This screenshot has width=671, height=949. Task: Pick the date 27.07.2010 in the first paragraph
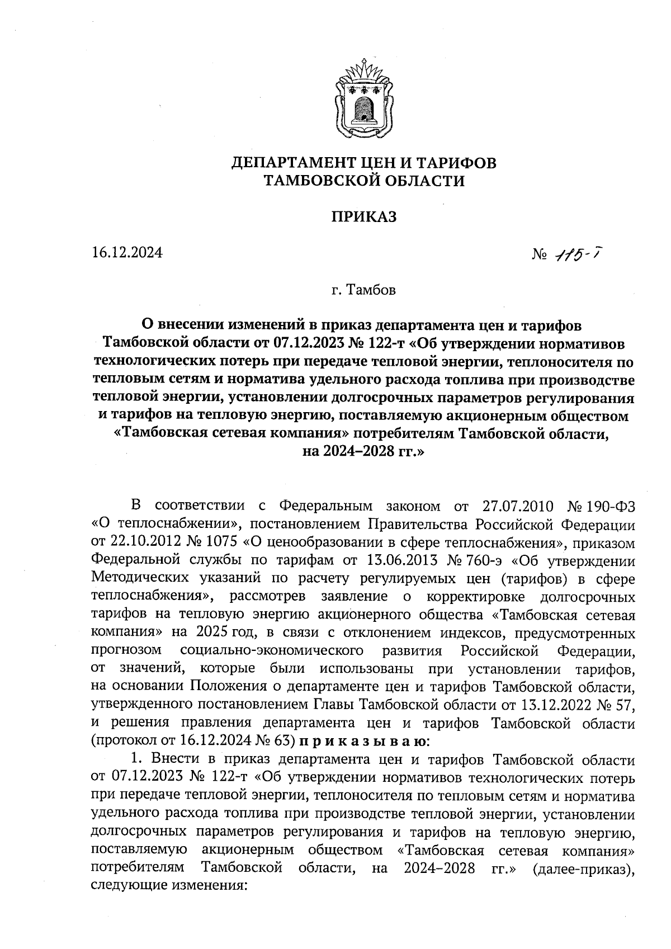click(x=517, y=507)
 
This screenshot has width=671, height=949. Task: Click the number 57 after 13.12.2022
click(x=626, y=706)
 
